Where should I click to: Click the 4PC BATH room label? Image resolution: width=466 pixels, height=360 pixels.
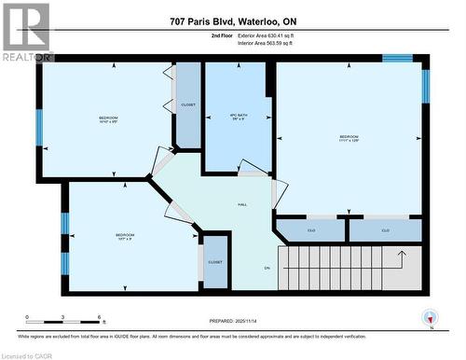click(238, 117)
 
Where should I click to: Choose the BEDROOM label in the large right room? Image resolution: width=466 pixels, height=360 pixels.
click(350, 138)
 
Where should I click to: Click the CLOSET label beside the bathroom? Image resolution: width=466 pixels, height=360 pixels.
click(188, 105)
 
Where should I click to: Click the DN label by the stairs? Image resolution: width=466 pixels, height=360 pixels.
click(267, 268)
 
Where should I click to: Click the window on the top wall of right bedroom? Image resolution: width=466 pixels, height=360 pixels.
click(397, 59)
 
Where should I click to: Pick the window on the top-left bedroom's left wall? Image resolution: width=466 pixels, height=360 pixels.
click(39, 129)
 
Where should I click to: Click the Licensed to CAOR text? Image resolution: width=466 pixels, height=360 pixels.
click(29, 353)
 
